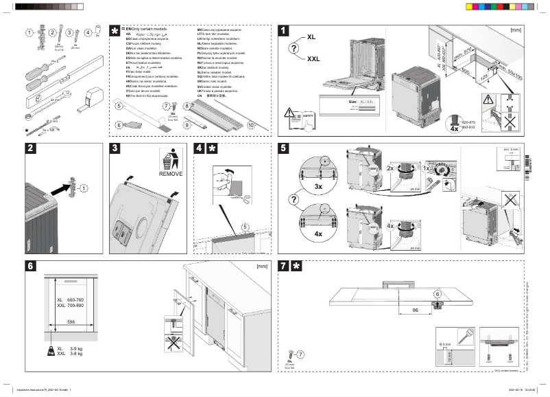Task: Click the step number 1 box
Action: pyautogui.click(x=283, y=31)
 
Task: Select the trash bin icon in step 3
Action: pyautogui.click(x=169, y=159)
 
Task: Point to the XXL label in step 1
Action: pyautogui.click(x=313, y=59)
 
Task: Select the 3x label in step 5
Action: pyautogui.click(x=318, y=186)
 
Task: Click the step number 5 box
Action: pyautogui.click(x=283, y=148)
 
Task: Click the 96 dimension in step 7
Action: pyautogui.click(x=416, y=310)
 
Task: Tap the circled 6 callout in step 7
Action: pyautogui.click(x=436, y=294)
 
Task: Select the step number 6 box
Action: pyautogui.click(x=31, y=266)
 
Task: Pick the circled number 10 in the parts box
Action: pyautogui.click(x=250, y=126)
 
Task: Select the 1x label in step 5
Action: pyautogui.click(x=426, y=168)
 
